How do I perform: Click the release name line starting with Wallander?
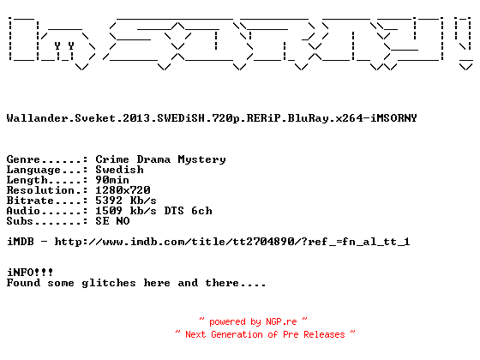point(212,118)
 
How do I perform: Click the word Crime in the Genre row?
point(112,159)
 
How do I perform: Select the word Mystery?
point(201,160)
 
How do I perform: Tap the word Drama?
point(153,159)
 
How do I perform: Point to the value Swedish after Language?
point(119,170)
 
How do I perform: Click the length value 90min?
point(112,180)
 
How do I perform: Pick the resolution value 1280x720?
point(123,190)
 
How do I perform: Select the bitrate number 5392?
point(109,201)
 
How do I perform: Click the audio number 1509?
point(109,211)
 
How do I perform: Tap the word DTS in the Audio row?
point(174,211)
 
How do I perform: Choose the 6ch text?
point(201,211)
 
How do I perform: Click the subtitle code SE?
point(102,221)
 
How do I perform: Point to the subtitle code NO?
point(123,221)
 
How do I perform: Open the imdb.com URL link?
point(232,242)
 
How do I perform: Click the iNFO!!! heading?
point(30,273)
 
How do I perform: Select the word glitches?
point(109,283)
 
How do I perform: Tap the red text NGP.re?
point(281,321)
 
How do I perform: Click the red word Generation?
point(237,334)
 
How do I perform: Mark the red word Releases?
point(324,334)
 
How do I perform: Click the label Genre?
point(23,159)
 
